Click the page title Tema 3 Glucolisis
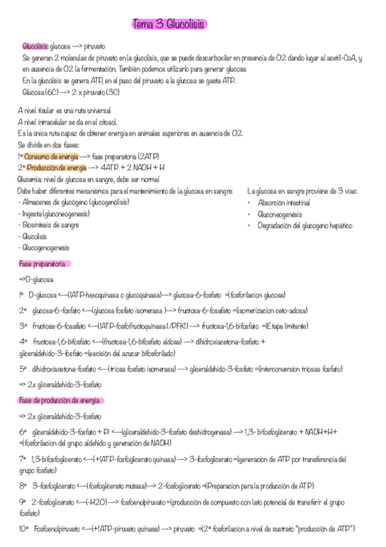pyautogui.click(x=168, y=25)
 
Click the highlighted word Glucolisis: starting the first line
pyautogui.click(x=35, y=47)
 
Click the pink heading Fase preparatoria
pyautogui.click(x=43, y=264)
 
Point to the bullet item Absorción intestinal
pyautogui.click(x=284, y=203)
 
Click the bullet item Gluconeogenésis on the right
pyautogui.click(x=280, y=214)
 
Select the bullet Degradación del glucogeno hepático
pyautogui.click(x=305, y=225)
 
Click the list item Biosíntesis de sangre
pyautogui.click(x=50, y=225)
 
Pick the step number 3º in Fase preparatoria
pyautogui.click(x=23, y=326)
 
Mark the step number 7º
pyautogui.click(x=23, y=459)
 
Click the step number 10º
pyautogui.click(x=24, y=529)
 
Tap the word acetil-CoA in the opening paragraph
pyautogui.click(x=340, y=58)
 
